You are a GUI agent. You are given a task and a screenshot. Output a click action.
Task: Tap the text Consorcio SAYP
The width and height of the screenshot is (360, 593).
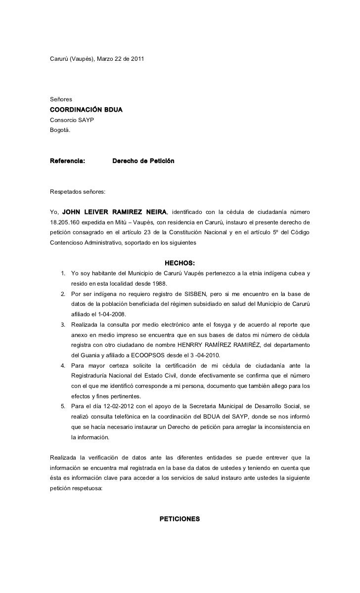tap(72, 120)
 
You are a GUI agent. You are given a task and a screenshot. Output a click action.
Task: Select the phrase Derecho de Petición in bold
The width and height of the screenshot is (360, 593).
tap(143, 161)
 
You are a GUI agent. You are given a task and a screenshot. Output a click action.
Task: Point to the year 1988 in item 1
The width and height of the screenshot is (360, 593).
tap(159, 283)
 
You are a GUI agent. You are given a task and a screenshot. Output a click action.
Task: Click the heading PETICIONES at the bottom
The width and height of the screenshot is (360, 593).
tap(180, 519)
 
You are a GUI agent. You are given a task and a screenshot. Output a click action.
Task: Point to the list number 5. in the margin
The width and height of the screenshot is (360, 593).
tap(63, 406)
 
